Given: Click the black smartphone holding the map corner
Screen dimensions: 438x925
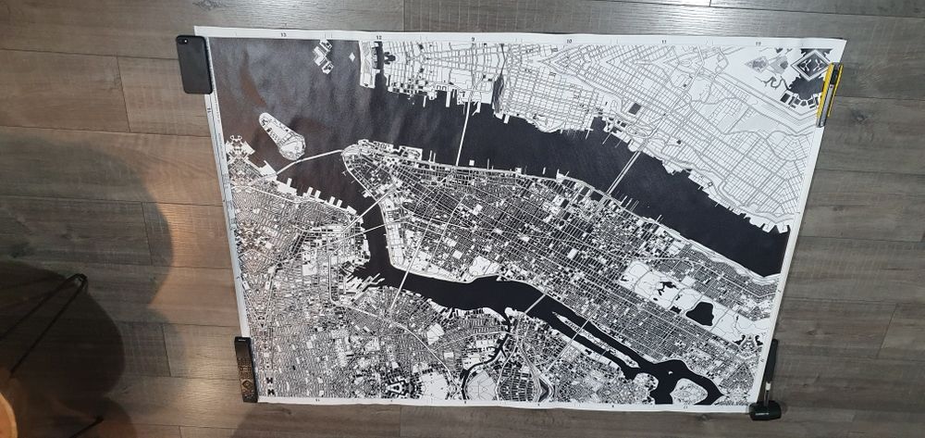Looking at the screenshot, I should point(194,63).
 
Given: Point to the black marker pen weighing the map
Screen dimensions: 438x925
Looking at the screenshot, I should point(769,381).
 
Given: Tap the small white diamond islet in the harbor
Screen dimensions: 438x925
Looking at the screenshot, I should point(351,56).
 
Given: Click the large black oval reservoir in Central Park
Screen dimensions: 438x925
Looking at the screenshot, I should point(699,313).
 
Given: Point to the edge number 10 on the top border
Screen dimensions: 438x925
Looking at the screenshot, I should point(568,41).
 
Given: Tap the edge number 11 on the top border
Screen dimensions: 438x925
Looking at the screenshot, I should point(664,43).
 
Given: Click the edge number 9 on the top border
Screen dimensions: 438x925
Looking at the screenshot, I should point(473,39).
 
